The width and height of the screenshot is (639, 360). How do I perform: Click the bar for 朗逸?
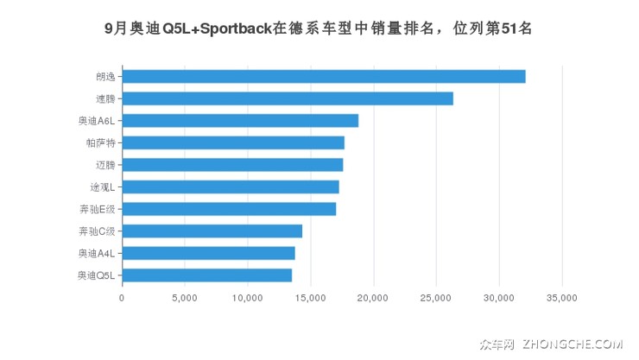coord(324,77)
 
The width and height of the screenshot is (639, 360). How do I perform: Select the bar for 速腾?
coord(288,98)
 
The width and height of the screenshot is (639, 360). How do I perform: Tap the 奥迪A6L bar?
coord(240,121)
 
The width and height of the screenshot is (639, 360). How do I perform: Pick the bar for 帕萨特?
coord(233,142)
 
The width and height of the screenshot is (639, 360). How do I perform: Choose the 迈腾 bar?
coord(232,165)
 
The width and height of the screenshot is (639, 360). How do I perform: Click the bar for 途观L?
coord(231,186)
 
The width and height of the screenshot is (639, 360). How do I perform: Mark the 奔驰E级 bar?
coord(229,209)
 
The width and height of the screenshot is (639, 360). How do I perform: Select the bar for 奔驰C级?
coord(212,231)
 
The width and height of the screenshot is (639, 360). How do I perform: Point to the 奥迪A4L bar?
coord(208,253)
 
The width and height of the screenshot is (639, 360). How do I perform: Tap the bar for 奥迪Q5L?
coord(207,275)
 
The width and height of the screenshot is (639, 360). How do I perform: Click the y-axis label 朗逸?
coord(104,77)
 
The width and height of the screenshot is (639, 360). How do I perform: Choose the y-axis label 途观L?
coord(101,186)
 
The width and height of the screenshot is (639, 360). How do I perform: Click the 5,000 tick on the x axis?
coord(185,298)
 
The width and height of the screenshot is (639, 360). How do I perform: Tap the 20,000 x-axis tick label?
coord(373,298)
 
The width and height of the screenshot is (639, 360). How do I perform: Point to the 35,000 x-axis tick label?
coord(562,298)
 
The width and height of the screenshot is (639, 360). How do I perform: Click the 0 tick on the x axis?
coord(122,298)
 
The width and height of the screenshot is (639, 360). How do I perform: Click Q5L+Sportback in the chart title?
coord(226,28)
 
